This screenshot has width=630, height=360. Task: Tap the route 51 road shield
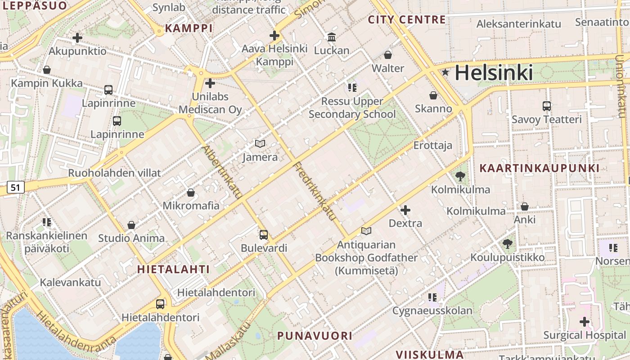(16, 187)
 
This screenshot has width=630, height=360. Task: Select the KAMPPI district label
(189, 28)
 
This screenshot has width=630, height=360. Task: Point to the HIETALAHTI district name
(173, 270)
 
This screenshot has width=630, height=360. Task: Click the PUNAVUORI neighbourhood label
(315, 336)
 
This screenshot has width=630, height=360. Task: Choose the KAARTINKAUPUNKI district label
(539, 168)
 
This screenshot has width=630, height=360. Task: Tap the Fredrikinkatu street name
(315, 191)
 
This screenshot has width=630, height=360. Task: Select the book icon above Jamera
(260, 144)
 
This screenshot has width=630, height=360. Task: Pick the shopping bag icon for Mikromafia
(191, 193)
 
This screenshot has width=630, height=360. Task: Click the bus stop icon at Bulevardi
(264, 234)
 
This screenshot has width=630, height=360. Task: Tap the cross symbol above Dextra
(405, 210)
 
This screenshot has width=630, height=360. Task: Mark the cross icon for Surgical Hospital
(585, 322)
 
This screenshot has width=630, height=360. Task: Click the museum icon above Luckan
(332, 37)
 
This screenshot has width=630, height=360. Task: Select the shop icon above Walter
(388, 55)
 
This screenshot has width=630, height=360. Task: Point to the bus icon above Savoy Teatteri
(547, 106)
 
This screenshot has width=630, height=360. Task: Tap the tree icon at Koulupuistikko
(508, 244)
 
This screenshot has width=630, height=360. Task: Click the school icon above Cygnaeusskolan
(432, 297)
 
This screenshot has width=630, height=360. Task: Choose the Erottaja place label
(433, 146)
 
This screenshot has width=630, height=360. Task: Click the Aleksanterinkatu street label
(519, 24)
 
